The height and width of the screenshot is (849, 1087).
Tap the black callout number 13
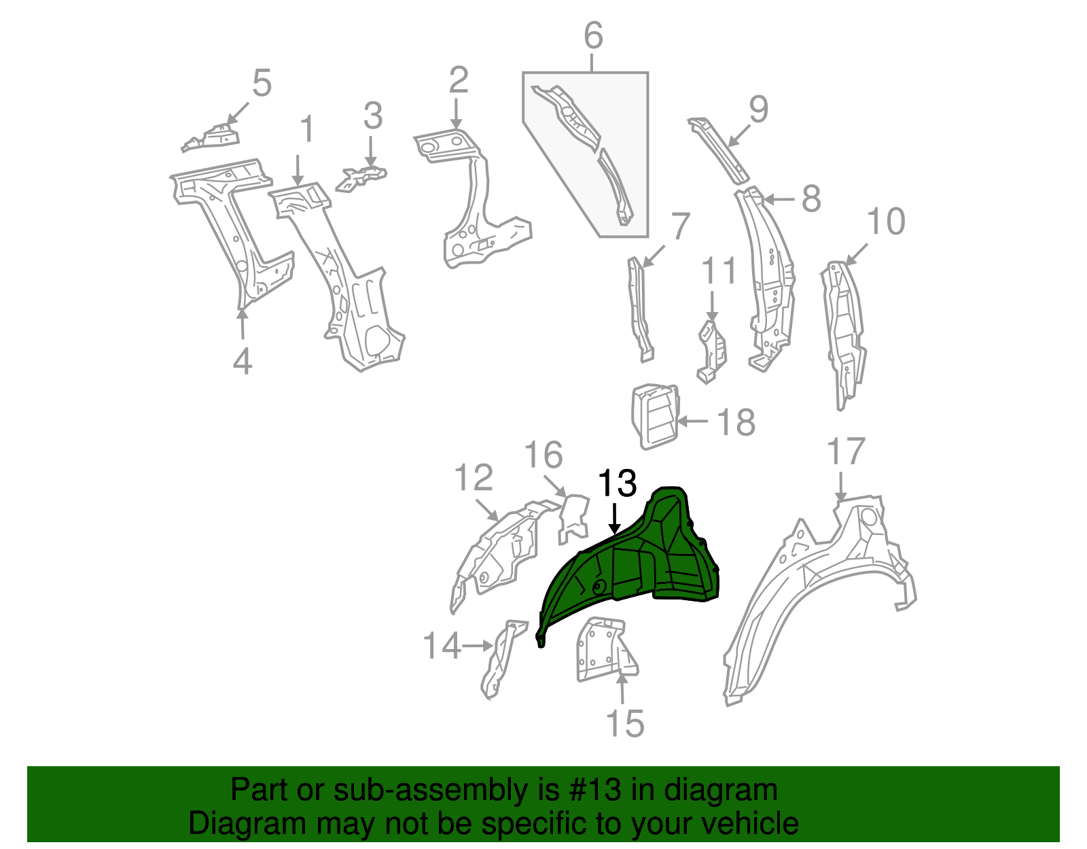(617, 484)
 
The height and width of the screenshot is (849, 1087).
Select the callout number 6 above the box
(593, 35)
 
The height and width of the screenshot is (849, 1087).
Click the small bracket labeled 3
(361, 177)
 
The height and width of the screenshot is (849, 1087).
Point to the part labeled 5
(212, 137)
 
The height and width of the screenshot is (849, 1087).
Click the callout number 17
(846, 452)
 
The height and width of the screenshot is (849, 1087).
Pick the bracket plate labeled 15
(601, 649)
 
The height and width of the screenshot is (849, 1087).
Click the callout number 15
(624, 723)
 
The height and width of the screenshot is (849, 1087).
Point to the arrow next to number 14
(478, 645)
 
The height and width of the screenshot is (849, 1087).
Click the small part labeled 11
(711, 350)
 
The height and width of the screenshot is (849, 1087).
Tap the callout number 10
(886, 222)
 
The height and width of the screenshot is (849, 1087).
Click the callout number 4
(243, 361)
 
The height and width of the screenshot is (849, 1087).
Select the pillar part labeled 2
(476, 204)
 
